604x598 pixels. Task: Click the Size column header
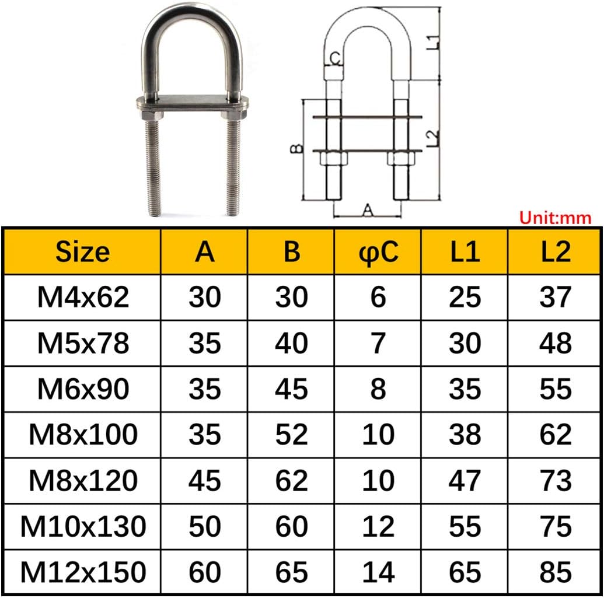[x=82, y=252]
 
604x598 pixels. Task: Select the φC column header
[x=378, y=252]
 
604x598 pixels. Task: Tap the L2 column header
[x=555, y=252]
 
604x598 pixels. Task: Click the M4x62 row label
[x=82, y=298]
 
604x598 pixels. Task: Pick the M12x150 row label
[x=82, y=572]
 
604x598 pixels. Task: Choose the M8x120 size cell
[x=82, y=481]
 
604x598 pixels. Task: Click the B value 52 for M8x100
[x=291, y=435]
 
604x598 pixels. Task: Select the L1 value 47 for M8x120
[x=465, y=481]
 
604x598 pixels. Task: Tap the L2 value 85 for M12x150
[x=555, y=572]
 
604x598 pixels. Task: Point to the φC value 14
[x=378, y=572]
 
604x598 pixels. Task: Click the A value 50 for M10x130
[x=205, y=527]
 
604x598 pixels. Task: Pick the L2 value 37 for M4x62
[x=555, y=298]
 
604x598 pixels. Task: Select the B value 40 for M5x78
[x=291, y=344]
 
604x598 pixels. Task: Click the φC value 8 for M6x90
[x=378, y=389]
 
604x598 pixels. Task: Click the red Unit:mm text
[x=555, y=218]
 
